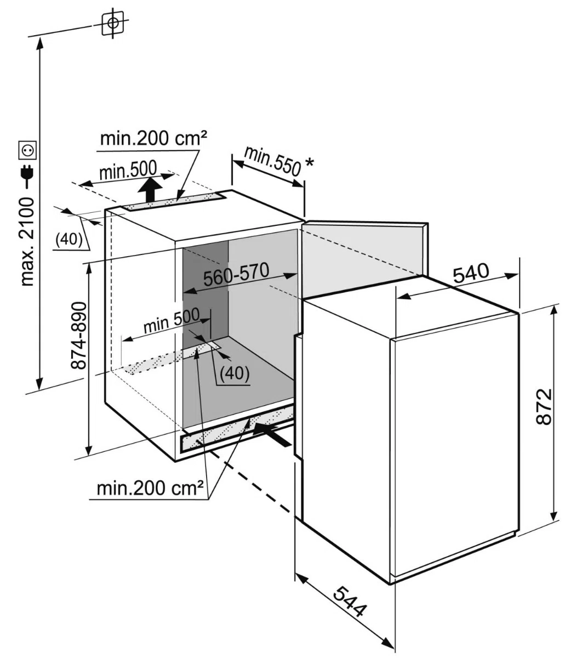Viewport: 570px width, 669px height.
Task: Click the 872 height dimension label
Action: point(544,407)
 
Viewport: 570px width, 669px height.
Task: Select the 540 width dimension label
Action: point(471,273)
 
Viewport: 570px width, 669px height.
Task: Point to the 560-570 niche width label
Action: point(236,274)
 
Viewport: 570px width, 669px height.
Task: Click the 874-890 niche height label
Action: point(79,336)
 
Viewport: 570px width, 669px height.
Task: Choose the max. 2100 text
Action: point(27,242)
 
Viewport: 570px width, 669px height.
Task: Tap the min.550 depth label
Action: point(273,161)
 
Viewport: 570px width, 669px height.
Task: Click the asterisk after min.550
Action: point(309,162)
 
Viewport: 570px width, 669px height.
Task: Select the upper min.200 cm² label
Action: point(153,138)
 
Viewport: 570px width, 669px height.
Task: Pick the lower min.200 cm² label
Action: point(150,488)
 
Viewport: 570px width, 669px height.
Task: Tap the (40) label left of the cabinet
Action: point(69,240)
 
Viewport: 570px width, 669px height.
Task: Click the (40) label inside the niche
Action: point(235,373)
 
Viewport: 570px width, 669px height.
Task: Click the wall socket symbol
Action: point(27,150)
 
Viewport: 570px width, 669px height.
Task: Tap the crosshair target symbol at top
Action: point(113,22)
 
